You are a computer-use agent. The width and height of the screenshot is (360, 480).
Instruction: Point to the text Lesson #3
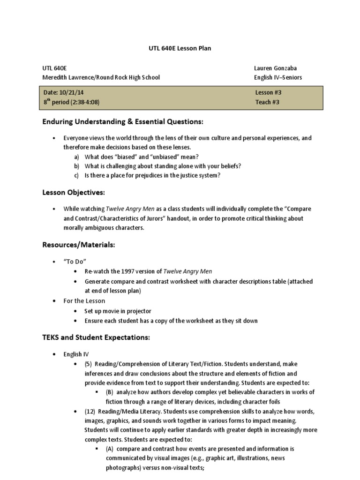269,93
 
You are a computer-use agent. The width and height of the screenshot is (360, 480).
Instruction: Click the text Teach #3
267,102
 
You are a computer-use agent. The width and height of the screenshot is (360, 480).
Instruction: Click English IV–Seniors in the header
278,77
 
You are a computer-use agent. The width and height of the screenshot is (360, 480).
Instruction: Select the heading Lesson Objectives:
74,193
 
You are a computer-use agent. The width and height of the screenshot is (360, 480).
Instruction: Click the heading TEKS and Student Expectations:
96,337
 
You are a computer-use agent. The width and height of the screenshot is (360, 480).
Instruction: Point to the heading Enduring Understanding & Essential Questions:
123,122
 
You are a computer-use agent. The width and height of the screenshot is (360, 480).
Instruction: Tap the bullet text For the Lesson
84,301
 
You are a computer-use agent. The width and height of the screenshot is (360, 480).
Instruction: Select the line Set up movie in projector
118,311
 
